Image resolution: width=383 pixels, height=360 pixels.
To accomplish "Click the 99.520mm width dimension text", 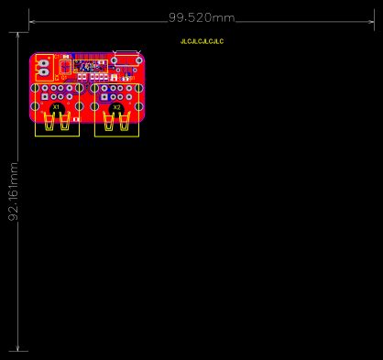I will coord(202,18).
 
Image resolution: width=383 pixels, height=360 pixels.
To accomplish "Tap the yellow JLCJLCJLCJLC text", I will coord(202,42).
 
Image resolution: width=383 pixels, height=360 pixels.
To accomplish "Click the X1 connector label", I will coord(57,108).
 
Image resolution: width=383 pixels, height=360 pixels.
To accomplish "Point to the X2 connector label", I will coord(116,108).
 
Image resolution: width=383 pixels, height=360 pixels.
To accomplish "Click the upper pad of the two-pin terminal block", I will coord(43,60).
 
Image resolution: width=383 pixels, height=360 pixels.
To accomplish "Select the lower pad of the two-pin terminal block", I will coord(43,72).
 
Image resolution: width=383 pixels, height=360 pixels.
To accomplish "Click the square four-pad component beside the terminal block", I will coord(63,66).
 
